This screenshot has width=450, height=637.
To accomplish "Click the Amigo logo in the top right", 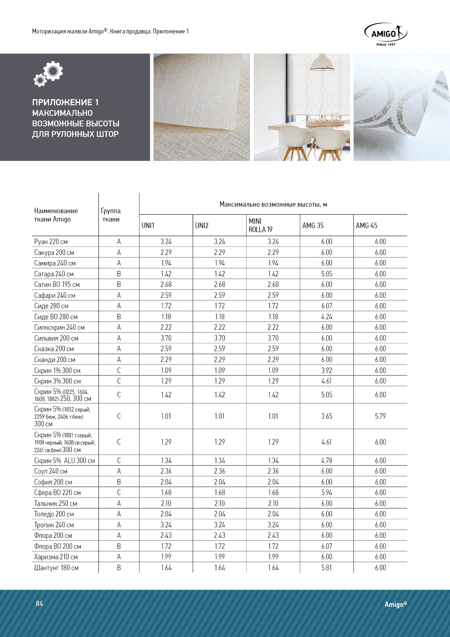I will [385, 34].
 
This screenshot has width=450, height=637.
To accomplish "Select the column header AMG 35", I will [313, 226].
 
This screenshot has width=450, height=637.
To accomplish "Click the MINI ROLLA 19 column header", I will [260, 225].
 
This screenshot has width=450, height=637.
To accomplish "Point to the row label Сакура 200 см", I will [54, 252].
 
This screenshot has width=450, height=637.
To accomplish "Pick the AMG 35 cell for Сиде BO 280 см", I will [327, 317].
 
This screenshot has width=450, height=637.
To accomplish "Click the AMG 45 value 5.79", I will [380, 416].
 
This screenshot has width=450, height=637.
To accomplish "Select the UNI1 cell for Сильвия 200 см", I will [166, 338].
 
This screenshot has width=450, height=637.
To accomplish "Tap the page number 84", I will [39, 604].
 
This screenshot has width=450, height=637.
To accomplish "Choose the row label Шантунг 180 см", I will [56, 568].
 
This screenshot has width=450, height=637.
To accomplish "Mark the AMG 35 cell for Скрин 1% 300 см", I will [327, 370].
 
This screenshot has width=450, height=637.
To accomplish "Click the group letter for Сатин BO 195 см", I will [119, 284].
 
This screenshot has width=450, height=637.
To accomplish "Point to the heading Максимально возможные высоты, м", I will [273, 204].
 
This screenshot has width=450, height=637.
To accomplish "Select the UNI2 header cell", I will [202, 226].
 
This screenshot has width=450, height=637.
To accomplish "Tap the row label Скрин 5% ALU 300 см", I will [65, 460].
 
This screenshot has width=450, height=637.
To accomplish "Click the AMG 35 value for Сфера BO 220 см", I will [327, 492].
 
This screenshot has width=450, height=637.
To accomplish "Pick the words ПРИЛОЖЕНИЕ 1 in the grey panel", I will [65, 102].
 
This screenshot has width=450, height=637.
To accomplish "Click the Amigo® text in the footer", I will [396, 604].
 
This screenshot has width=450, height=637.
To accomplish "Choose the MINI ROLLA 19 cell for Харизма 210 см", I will [273, 557].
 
